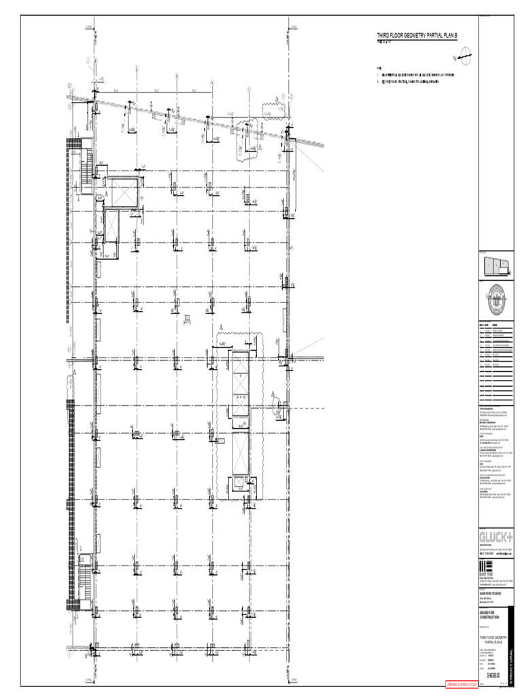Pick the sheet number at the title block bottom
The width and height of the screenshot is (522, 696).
point(494,674)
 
